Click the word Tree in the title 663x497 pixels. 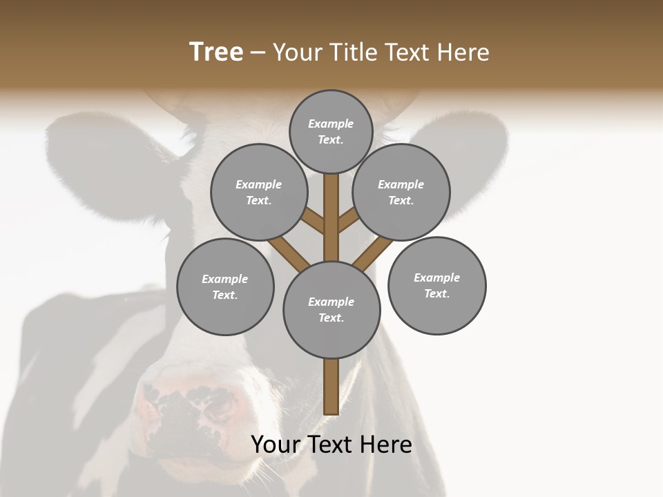tap(216, 52)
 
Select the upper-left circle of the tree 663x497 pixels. tap(259, 193)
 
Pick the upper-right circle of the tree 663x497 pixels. tap(401, 193)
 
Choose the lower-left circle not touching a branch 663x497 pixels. tap(225, 287)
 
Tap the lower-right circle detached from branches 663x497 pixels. tap(436, 286)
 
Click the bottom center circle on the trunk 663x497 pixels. tap(331, 310)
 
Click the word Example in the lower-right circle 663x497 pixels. tap(436, 277)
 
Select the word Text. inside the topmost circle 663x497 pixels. tap(331, 139)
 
